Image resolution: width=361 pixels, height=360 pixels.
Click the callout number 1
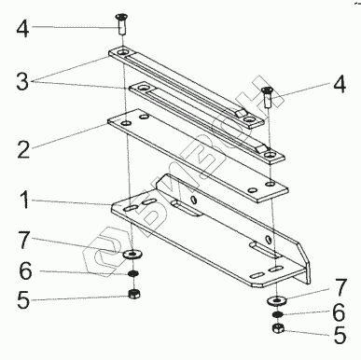click(24, 200)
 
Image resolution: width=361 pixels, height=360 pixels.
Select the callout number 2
click(24, 149)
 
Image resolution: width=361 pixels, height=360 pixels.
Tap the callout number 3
click(22, 81)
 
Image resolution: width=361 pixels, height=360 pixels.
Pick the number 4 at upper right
click(340, 84)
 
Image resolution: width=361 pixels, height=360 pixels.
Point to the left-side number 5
click(23, 300)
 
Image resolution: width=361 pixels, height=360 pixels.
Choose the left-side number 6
click(25, 270)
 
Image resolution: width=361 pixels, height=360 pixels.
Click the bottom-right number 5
click(340, 335)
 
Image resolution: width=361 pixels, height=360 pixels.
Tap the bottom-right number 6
click(339, 312)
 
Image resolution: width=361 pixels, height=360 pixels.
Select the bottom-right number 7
click(340, 288)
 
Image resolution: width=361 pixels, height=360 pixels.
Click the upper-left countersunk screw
click(122, 24)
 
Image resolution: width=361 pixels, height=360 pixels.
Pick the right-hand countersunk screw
click(267, 97)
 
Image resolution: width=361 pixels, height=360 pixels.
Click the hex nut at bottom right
click(277, 328)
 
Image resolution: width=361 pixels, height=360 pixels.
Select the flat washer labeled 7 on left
click(132, 255)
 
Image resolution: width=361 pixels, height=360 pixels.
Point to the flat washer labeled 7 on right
click(276, 300)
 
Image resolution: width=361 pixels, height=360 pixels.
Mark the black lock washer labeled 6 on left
click(133, 274)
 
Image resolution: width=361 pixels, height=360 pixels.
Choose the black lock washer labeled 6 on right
click(277, 314)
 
